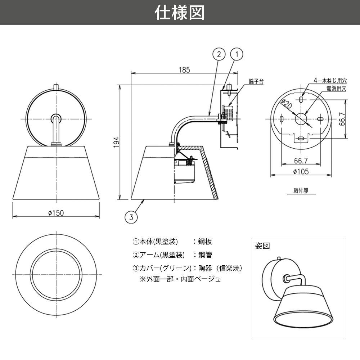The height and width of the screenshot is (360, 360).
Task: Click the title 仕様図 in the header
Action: tap(180, 12)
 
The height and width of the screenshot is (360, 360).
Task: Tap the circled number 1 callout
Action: tap(237, 54)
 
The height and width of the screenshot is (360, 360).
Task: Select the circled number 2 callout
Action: tap(219, 54)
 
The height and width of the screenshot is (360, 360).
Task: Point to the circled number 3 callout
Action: tap(131, 217)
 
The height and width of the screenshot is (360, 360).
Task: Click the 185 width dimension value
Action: tap(184, 69)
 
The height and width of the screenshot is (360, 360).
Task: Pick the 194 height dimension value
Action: tap(117, 142)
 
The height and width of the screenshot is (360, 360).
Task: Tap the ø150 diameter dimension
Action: tap(56, 213)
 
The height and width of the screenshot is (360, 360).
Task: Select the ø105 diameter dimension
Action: tap(301, 171)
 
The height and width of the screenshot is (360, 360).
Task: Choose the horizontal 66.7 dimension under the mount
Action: tap(301, 161)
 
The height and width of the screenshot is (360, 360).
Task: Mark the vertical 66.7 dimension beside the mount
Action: tap(342, 119)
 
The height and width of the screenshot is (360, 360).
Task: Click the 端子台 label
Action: tap(256, 81)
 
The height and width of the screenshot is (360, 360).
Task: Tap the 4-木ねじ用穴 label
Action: tap(330, 81)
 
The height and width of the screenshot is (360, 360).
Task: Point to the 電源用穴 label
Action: tap(336, 89)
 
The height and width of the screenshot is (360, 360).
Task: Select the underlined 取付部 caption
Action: tap(301, 190)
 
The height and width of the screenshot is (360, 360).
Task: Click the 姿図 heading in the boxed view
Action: tap(262, 246)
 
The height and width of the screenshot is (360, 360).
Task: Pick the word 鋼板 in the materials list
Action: tap(205, 242)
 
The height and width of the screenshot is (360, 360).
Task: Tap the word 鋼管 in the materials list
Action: tap(205, 255)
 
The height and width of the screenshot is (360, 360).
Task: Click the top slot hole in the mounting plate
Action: tap(301, 99)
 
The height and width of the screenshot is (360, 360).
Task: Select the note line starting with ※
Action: tap(180, 279)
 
